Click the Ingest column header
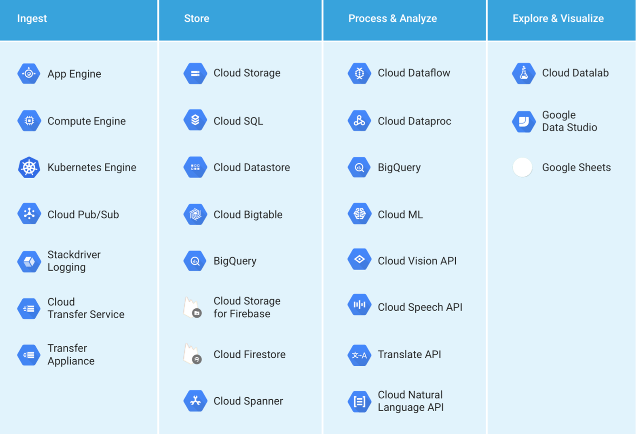point(32,19)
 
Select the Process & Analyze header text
point(392,19)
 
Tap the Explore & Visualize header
point(558,19)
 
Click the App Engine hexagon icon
point(29,73)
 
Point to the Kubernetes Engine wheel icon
point(29,168)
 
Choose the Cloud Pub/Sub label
point(83,215)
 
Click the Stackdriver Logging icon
point(29,262)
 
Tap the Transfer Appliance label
point(71,354)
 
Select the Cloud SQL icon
point(195,120)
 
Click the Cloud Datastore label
point(251,168)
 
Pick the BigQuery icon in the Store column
point(195,261)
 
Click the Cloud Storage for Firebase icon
point(193,308)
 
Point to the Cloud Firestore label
point(249,354)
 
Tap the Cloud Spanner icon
point(195,401)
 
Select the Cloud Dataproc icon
point(359,121)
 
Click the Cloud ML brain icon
point(359,214)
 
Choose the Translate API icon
point(359,355)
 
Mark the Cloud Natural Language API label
point(410,401)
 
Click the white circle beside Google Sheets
point(523,167)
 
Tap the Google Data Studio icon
point(523,121)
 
